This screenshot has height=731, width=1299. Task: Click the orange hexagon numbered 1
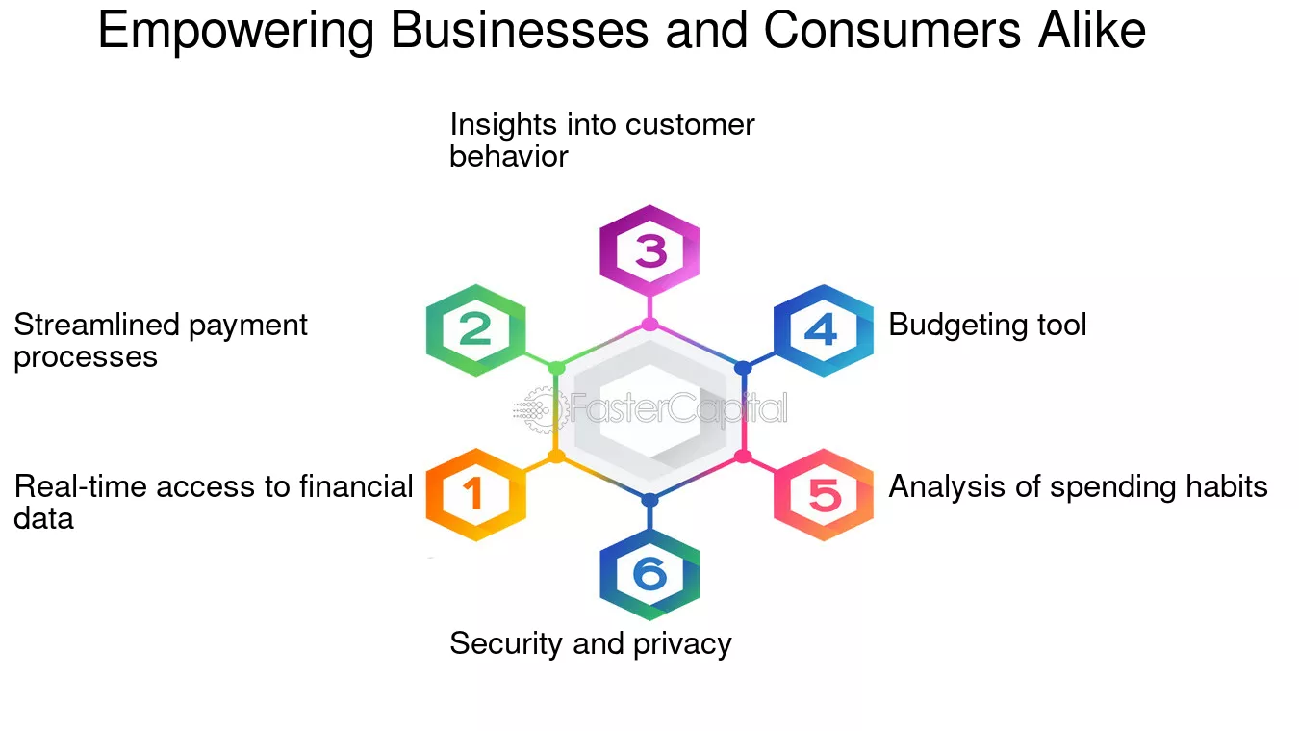476,495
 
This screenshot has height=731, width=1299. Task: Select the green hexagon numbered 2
476,330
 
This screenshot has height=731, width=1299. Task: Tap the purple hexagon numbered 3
649,250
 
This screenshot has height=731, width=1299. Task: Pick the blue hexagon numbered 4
824,330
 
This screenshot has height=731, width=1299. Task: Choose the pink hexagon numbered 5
824,495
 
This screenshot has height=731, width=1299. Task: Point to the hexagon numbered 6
649,574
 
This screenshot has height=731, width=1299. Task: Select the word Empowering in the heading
236,33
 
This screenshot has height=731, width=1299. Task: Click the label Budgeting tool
987,326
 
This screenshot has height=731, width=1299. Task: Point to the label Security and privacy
591,644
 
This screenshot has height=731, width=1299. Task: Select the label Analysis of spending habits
1078,487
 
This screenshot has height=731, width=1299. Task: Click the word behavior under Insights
509,157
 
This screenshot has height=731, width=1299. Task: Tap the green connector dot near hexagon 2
556,368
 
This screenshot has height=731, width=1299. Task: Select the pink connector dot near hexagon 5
743,457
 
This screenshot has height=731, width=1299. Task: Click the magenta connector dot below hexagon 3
649,324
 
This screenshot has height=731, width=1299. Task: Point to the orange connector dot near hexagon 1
556,457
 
